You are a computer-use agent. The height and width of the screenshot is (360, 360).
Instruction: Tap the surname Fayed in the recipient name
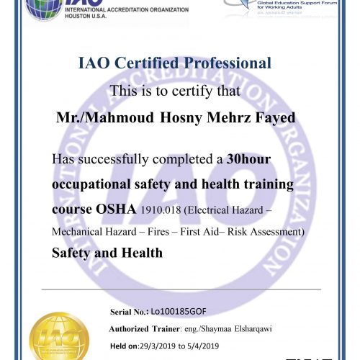pos(275,117)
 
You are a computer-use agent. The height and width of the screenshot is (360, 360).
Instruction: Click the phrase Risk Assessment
pos(271,231)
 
